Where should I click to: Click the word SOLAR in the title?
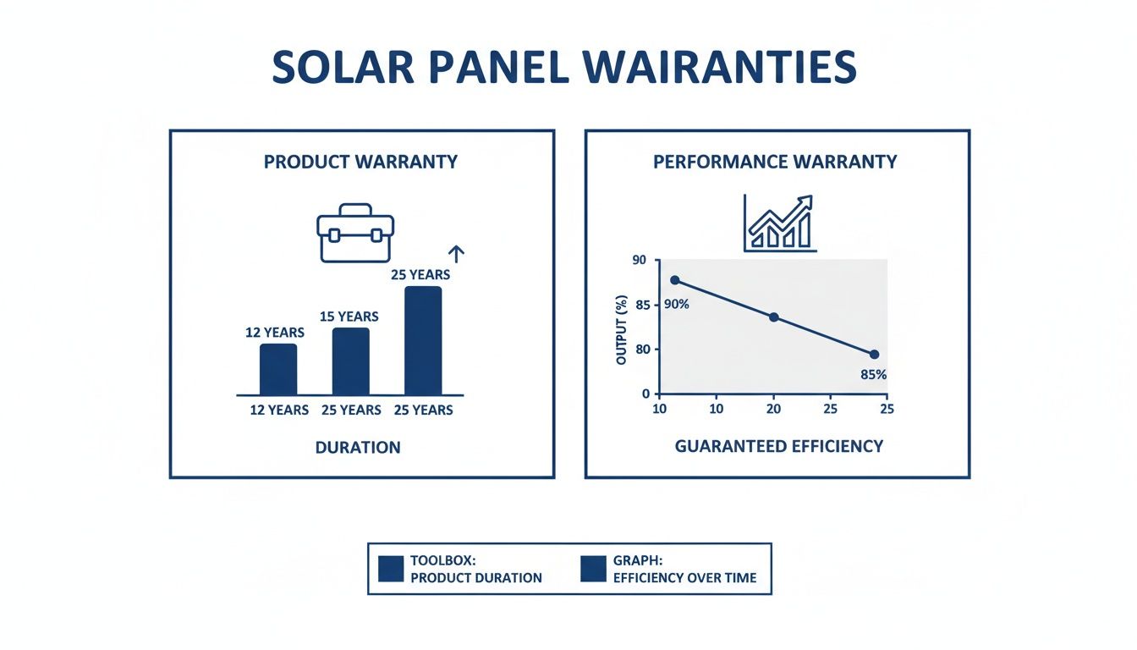point(342,68)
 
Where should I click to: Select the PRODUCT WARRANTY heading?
point(360,162)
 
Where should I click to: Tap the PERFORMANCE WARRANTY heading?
point(775,162)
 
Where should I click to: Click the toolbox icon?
point(355,232)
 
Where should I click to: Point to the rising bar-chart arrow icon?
point(779,223)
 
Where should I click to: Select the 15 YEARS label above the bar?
point(349,317)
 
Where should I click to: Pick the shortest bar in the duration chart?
point(278,369)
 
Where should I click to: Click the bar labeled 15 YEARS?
point(350,361)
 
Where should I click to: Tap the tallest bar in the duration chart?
point(423,340)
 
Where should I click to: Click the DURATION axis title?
point(358,447)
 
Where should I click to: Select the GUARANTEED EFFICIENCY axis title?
point(778,446)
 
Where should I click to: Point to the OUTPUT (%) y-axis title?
point(622,329)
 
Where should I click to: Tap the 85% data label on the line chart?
point(872,375)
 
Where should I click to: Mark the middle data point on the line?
point(773,317)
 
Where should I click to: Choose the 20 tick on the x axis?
point(772,409)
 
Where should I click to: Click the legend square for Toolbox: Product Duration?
point(391,569)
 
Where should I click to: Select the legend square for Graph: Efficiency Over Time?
point(594,569)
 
